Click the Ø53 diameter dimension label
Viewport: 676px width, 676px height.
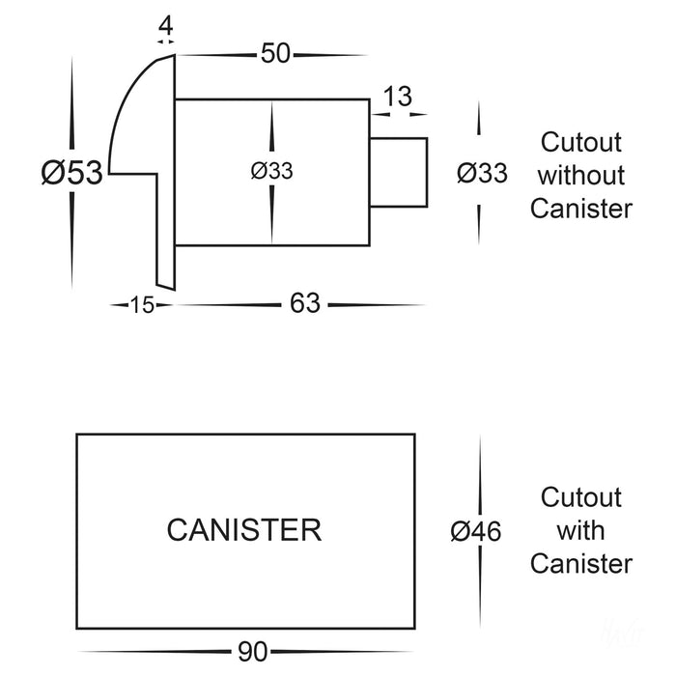click(70, 174)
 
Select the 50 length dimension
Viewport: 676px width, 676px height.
click(275, 54)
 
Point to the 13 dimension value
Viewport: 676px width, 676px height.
click(398, 97)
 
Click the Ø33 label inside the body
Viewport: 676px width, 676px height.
click(271, 171)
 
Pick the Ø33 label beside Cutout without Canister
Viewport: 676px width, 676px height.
click(480, 174)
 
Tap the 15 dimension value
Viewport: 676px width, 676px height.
click(142, 305)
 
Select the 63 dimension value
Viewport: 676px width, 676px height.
click(305, 304)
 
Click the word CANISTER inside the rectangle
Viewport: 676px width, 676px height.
click(243, 529)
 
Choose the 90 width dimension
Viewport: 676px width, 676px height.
click(252, 652)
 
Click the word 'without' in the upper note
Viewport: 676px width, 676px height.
click(580, 176)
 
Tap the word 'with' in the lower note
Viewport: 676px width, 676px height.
click(580, 530)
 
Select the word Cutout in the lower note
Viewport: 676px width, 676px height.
click(580, 497)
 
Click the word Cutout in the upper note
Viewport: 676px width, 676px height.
click(580, 143)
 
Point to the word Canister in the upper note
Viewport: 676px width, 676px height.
click(580, 208)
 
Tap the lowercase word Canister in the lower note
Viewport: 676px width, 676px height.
click(580, 563)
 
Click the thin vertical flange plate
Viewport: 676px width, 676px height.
click(165, 232)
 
